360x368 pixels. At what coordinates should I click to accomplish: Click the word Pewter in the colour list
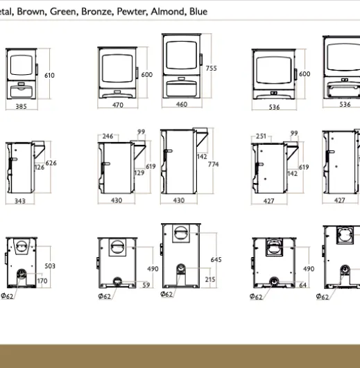(132, 11)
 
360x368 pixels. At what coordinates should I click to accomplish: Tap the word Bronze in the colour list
(97, 11)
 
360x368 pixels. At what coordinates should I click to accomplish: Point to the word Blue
(198, 11)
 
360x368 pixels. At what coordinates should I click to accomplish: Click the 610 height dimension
(49, 76)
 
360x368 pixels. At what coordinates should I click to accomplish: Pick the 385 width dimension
(21, 107)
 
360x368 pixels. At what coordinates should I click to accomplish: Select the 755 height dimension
(211, 69)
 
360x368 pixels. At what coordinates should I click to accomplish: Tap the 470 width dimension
(118, 105)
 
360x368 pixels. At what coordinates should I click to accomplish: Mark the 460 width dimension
(182, 104)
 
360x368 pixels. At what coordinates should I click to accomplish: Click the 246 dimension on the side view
(108, 136)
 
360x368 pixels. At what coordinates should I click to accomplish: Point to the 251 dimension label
(261, 136)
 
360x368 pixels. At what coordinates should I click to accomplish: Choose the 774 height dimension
(213, 164)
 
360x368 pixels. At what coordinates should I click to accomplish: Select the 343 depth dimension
(20, 201)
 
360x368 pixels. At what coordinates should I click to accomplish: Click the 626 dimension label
(51, 163)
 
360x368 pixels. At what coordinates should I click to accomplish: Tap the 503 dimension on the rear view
(50, 266)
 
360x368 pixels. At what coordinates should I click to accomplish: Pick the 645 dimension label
(216, 260)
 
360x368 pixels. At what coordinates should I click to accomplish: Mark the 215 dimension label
(210, 279)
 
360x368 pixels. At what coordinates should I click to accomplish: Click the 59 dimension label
(146, 285)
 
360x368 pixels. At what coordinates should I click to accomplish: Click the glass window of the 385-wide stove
(22, 65)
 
